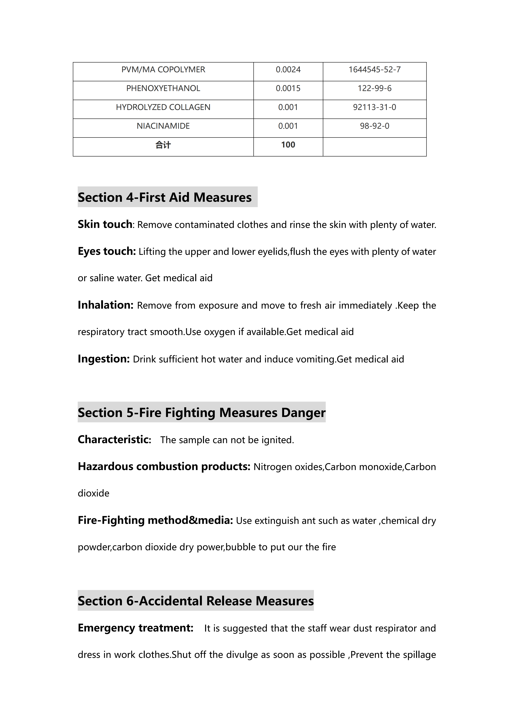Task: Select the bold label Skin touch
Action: pos(105,224)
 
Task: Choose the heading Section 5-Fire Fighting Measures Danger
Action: pos(202,413)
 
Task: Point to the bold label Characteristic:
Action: pos(114,439)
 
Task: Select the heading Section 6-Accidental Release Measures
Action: pos(196,601)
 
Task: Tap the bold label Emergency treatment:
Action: pos(136,628)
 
